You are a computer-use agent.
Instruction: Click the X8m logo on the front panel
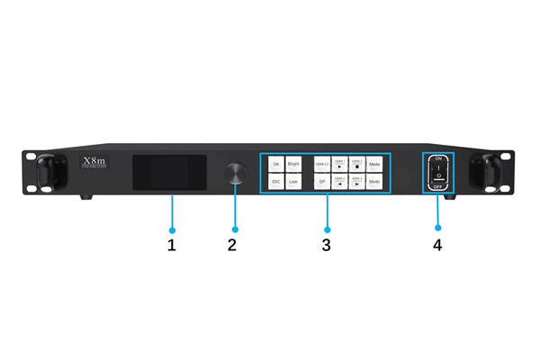click(94, 163)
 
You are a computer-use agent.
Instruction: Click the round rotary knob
click(235, 173)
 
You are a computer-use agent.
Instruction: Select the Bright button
click(293, 165)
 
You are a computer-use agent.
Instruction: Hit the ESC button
click(275, 182)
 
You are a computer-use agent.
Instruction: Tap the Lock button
click(293, 182)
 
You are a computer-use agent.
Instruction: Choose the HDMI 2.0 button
click(321, 165)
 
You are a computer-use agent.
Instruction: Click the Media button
click(373, 165)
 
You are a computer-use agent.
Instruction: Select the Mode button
click(373, 182)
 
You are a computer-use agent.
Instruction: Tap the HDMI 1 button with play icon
click(338, 165)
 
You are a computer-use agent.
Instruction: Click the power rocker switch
click(438, 172)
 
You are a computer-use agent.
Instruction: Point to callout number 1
click(170, 244)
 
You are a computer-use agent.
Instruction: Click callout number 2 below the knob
click(232, 244)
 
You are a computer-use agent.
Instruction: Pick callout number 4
click(438, 244)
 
